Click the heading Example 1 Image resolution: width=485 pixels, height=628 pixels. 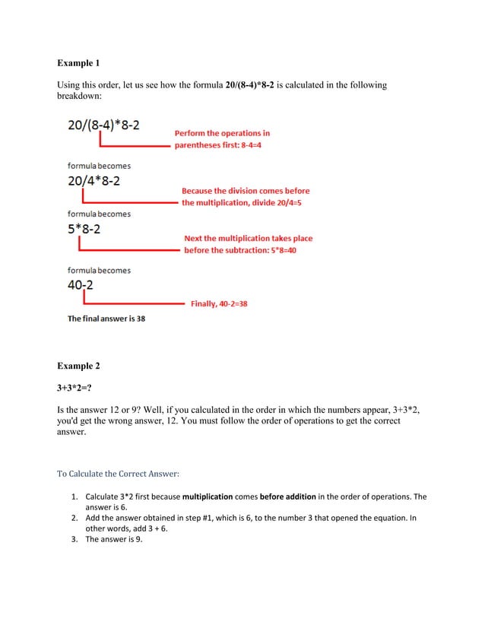pos(78,62)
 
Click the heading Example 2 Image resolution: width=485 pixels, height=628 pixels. pos(78,366)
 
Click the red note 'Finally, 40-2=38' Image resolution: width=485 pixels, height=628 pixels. pos(218,304)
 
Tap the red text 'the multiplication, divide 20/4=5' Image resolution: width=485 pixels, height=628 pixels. pos(242,203)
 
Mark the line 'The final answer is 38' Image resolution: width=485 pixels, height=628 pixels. pos(106,319)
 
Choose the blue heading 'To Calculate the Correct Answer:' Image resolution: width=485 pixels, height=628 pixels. pos(118,474)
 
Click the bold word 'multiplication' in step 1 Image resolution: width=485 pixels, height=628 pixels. pos(208,497)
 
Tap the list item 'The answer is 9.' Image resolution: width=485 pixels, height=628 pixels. pos(114,540)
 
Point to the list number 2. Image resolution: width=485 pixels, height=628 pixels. pos(75,519)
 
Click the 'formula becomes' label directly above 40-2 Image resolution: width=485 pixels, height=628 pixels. pos(99,270)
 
